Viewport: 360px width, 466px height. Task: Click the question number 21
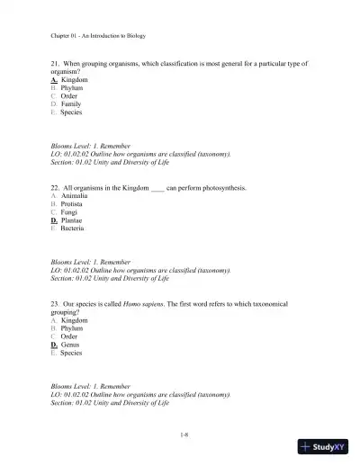(55, 65)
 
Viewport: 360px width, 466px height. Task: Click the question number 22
(55, 188)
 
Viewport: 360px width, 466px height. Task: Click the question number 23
(55, 304)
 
